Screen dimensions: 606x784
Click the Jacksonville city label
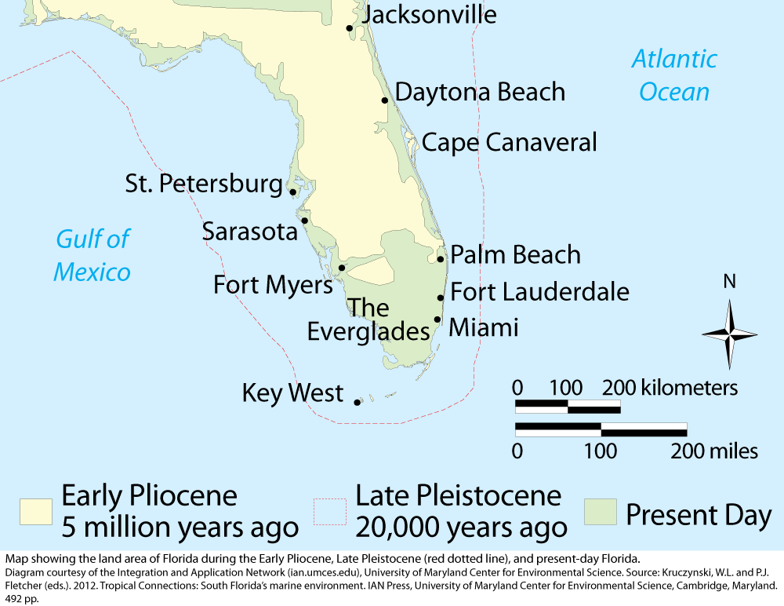(430, 14)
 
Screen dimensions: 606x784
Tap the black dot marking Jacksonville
(350, 28)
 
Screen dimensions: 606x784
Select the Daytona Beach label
(480, 92)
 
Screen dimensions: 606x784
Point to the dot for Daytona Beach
(385, 100)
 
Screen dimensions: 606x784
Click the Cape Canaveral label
(510, 142)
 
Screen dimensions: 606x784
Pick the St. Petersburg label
(204, 184)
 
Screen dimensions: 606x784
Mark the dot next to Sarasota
(305, 221)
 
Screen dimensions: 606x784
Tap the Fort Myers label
(273, 284)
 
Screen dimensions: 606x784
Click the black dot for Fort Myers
(342, 268)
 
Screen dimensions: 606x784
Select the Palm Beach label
(515, 254)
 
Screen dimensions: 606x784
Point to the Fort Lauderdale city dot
(441, 298)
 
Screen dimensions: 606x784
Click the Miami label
(484, 327)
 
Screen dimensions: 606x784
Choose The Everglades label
(368, 319)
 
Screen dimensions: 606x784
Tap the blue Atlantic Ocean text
(674, 75)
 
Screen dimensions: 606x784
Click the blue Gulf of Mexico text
(92, 256)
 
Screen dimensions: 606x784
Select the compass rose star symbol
(729, 334)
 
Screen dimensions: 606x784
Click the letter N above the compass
(729, 282)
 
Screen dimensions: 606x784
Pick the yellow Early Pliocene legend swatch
(35, 511)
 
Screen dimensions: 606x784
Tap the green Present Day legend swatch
(600, 511)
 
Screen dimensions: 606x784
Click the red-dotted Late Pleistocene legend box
(329, 511)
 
